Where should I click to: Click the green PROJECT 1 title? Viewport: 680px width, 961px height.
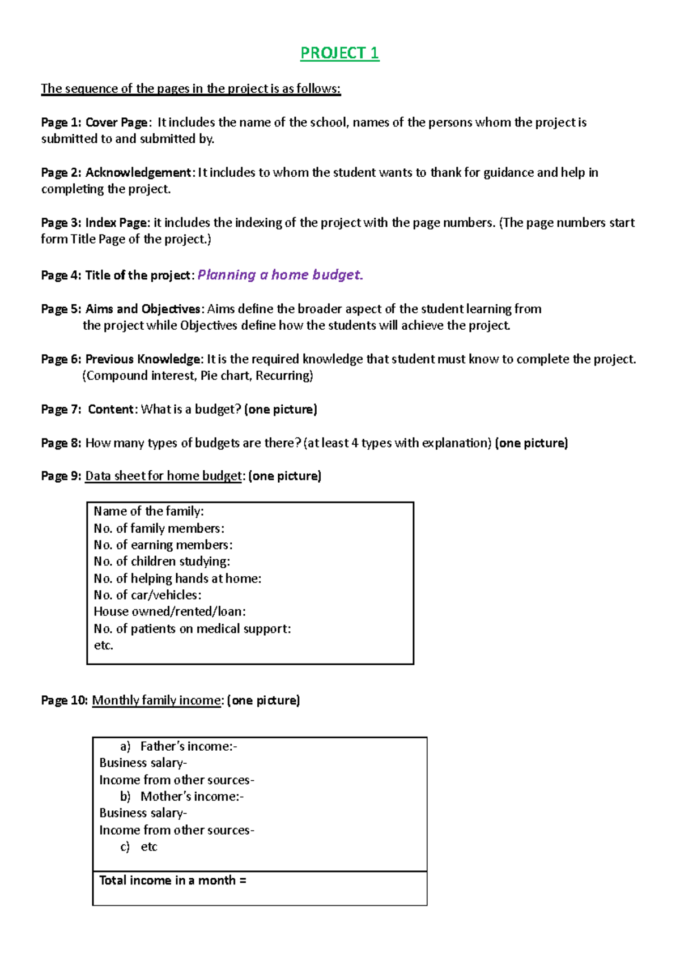[x=339, y=53]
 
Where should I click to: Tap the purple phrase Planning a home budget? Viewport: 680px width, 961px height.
[x=280, y=275]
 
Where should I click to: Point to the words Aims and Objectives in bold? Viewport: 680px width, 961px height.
[x=143, y=309]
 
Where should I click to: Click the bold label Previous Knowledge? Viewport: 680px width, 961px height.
[x=143, y=359]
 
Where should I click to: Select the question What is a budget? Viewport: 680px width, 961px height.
[x=191, y=409]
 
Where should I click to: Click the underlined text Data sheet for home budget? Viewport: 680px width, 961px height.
[x=163, y=476]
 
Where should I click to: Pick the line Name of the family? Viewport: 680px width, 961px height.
[x=148, y=511]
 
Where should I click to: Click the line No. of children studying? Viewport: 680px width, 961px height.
[x=161, y=562]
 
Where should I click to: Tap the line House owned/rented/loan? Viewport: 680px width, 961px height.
[x=169, y=612]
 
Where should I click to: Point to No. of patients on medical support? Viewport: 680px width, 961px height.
[x=192, y=629]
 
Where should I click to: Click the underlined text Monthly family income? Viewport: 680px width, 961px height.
[x=156, y=700]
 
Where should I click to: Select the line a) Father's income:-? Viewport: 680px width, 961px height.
[x=178, y=746]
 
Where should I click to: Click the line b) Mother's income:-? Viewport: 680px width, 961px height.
[x=182, y=797]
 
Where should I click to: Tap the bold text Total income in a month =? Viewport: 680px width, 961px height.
[x=173, y=881]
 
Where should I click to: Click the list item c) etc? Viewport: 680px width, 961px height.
[x=139, y=847]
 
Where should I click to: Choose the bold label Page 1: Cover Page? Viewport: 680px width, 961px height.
[x=95, y=122]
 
